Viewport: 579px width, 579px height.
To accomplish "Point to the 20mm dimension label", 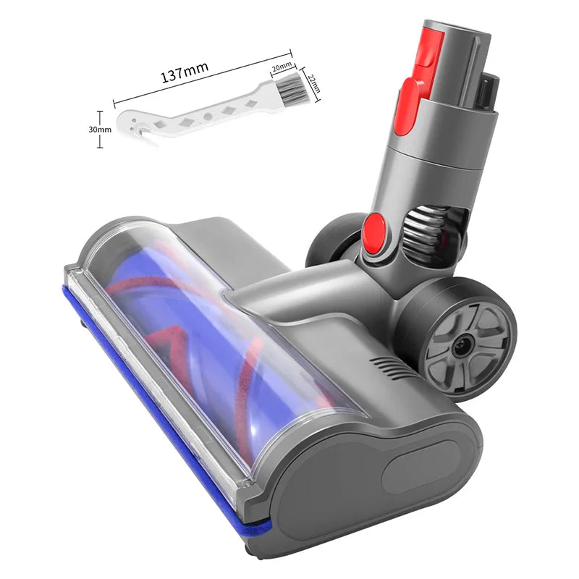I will tap(281, 67).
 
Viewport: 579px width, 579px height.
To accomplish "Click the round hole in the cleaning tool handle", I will tap(208, 115).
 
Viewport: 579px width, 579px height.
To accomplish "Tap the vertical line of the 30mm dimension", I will tap(100, 129).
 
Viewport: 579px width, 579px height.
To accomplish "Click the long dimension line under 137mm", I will tap(203, 79).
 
